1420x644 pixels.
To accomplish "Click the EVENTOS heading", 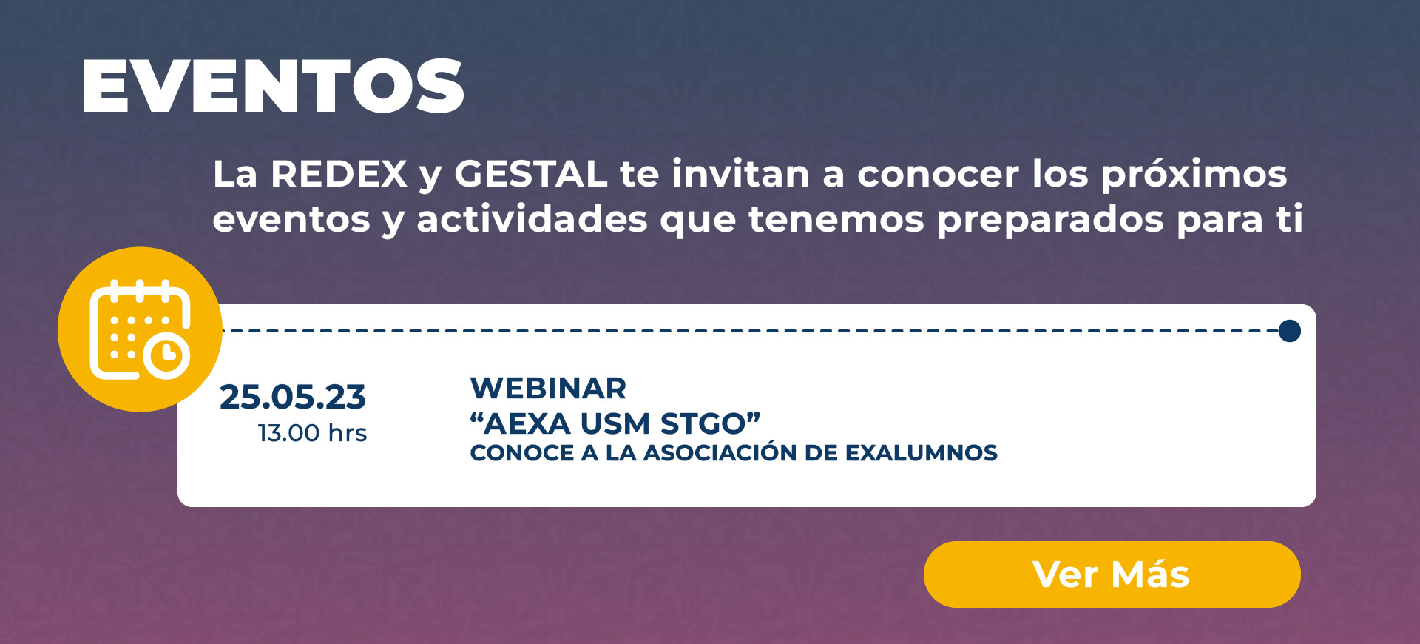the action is (x=273, y=86).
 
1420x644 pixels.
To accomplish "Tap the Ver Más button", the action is (x=1112, y=574).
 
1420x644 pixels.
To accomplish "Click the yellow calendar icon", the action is (x=140, y=329).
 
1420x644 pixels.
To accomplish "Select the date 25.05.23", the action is (x=293, y=398).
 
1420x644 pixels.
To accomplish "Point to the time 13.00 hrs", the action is (x=312, y=433).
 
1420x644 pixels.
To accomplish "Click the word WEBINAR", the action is (x=548, y=389).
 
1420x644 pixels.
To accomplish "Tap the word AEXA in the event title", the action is (x=528, y=424).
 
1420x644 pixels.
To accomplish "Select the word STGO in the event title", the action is (x=703, y=424).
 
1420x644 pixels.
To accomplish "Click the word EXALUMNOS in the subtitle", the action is (x=922, y=453).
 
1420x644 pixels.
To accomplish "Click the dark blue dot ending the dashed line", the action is (x=1290, y=331).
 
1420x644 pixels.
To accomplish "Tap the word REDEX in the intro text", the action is (x=339, y=175).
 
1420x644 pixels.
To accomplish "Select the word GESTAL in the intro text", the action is (x=530, y=175).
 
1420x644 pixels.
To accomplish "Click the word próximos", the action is (x=1194, y=176).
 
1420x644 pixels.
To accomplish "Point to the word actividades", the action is (x=532, y=220).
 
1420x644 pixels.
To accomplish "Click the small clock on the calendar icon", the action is (x=167, y=355).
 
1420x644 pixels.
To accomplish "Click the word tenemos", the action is (x=836, y=221).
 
